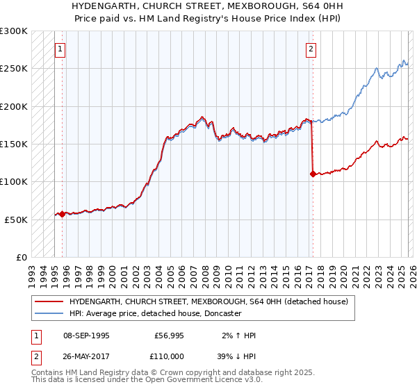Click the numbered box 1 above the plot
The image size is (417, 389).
(x=61, y=49)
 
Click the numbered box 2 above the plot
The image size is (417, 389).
(x=310, y=49)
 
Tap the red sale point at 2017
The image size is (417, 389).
(x=313, y=174)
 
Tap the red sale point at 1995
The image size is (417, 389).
(x=63, y=214)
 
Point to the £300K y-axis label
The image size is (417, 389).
(x=14, y=31)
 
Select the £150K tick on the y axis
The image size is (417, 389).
(x=14, y=144)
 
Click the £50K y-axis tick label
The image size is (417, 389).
(x=16, y=220)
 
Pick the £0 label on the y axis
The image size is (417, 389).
(x=21, y=257)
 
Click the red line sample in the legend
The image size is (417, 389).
(x=49, y=301)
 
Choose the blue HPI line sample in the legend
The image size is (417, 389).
(x=49, y=313)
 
